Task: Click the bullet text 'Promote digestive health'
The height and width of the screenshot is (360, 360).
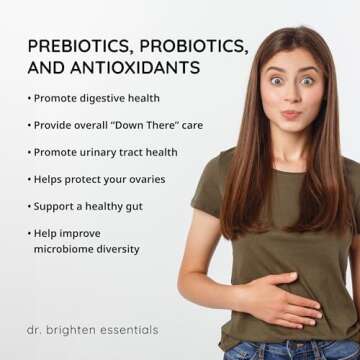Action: [96, 99]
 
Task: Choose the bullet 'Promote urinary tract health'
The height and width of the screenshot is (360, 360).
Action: [105, 153]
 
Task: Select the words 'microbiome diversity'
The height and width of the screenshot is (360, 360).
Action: [86, 249]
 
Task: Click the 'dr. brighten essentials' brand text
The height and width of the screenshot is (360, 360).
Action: [92, 330]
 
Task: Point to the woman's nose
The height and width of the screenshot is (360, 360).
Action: [293, 93]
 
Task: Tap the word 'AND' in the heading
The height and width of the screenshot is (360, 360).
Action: [46, 70]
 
